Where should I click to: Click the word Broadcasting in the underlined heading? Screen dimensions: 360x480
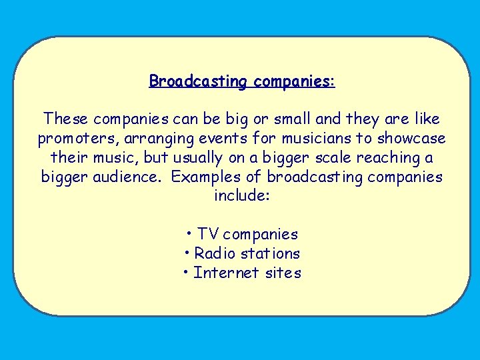tap(197, 81)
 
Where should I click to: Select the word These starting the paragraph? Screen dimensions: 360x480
tap(66, 119)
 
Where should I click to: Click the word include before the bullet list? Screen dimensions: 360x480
tap(240, 197)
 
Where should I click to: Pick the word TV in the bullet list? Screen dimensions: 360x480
tap(208, 235)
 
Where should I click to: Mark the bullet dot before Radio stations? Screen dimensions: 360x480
tap(188, 253)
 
